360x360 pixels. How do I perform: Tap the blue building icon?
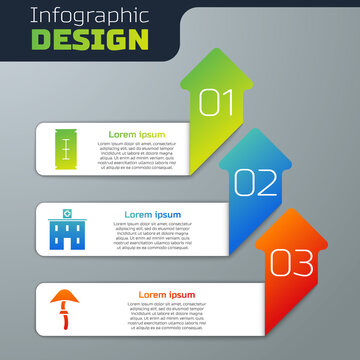pos(64,229)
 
